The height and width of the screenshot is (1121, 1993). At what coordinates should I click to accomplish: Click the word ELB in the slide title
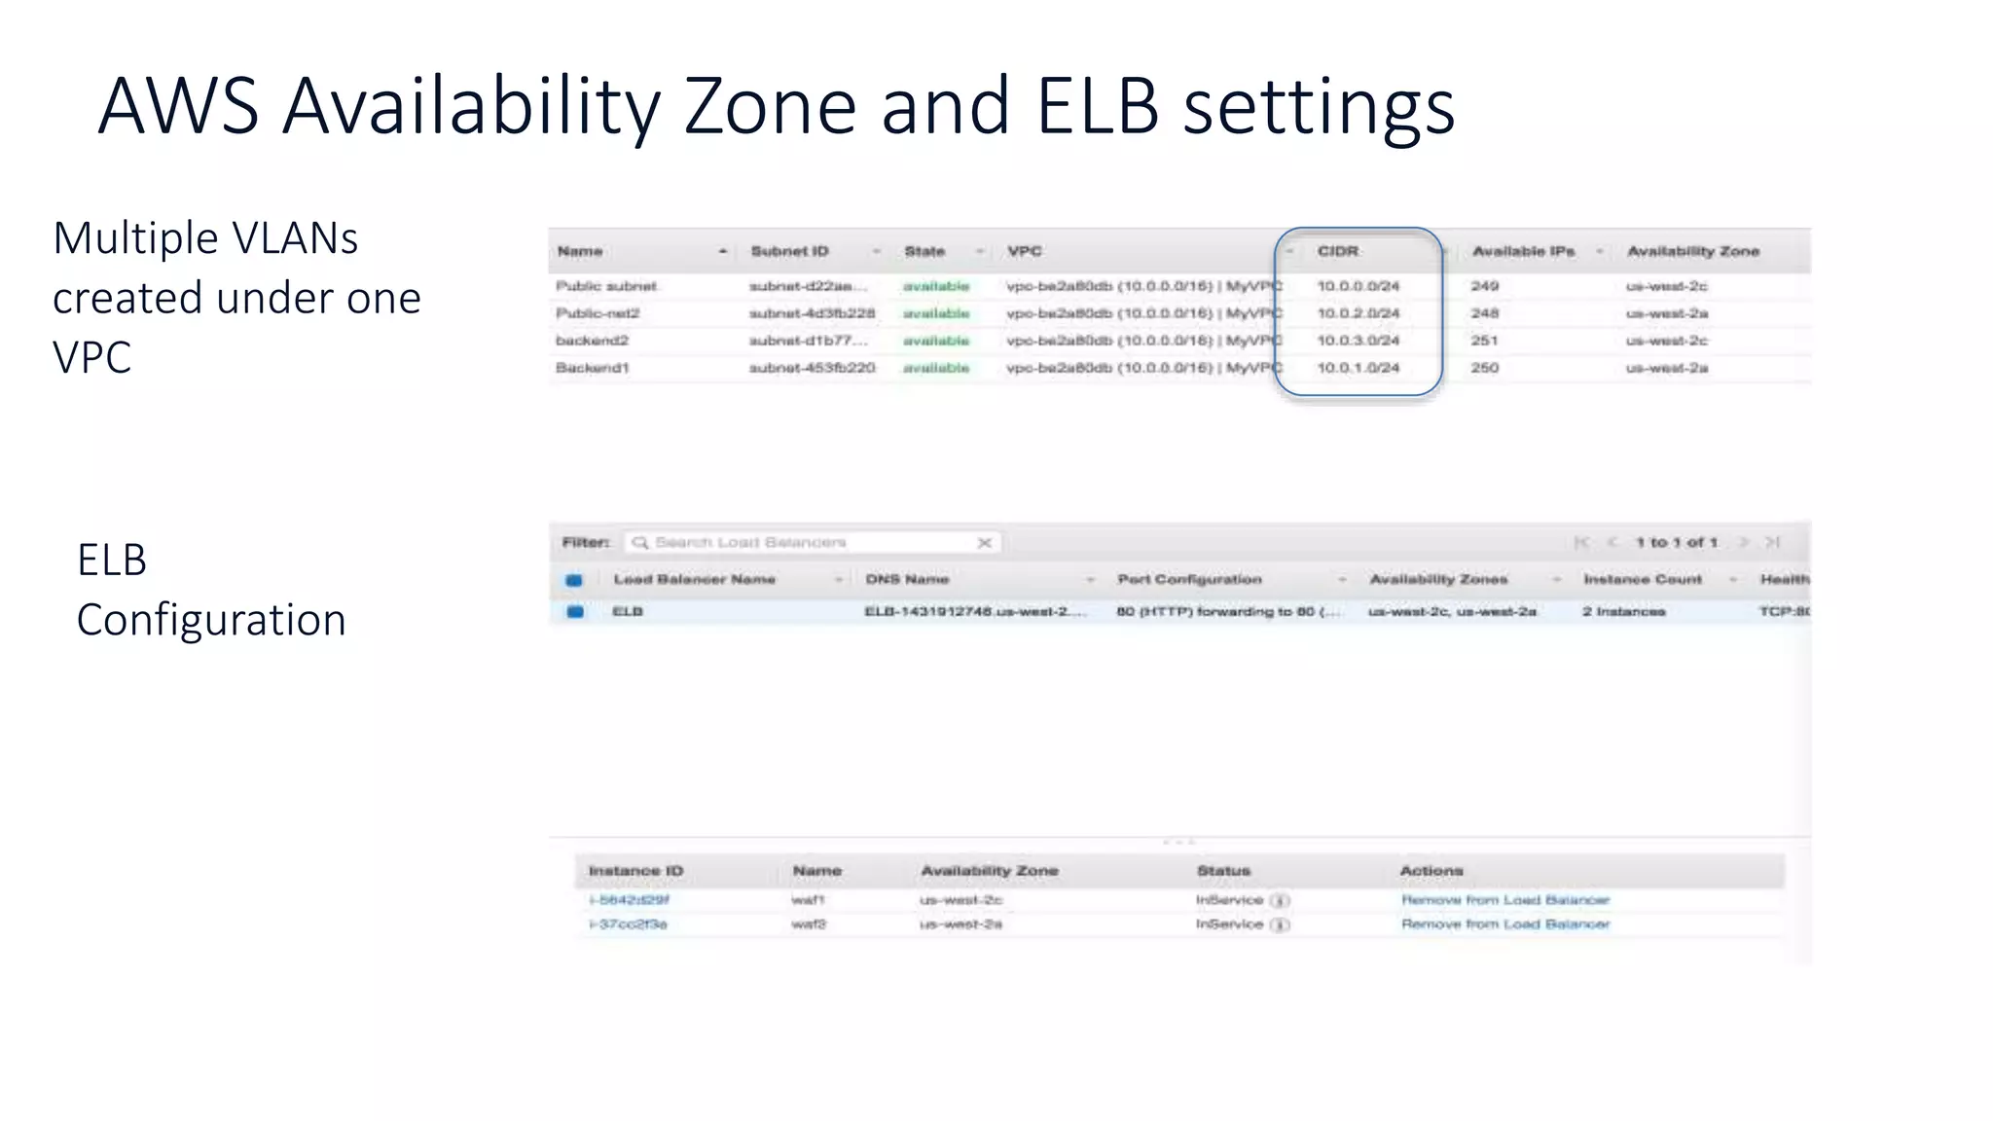point(1098,106)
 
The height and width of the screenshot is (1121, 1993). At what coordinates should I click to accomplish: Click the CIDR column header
point(1337,251)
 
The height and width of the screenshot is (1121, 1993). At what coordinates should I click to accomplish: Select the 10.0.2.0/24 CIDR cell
point(1358,313)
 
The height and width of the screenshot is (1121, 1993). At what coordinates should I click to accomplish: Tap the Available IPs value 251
point(1484,341)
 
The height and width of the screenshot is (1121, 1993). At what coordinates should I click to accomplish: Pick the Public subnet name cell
point(606,286)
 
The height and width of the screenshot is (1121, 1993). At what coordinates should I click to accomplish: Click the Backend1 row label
point(592,368)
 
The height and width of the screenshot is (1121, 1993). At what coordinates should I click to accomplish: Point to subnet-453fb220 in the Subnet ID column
point(812,368)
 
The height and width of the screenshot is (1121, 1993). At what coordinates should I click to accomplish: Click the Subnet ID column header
point(789,251)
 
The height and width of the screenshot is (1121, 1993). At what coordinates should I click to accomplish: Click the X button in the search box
point(984,543)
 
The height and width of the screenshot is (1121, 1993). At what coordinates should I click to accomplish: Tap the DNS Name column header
point(907,579)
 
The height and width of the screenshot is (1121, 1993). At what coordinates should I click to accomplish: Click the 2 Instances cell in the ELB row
point(1623,611)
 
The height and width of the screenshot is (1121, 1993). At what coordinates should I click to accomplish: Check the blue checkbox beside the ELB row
point(575,612)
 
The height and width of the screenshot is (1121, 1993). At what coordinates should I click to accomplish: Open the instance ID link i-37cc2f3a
point(628,924)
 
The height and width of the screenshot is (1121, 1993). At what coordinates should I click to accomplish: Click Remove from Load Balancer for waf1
point(1504,900)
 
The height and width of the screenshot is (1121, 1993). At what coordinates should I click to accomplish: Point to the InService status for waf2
point(1229,924)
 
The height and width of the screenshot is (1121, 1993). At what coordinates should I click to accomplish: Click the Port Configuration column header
point(1189,579)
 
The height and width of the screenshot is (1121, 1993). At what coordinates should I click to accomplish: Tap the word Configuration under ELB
point(211,620)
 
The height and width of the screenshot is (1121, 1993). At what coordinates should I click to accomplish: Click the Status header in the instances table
point(1223,871)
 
